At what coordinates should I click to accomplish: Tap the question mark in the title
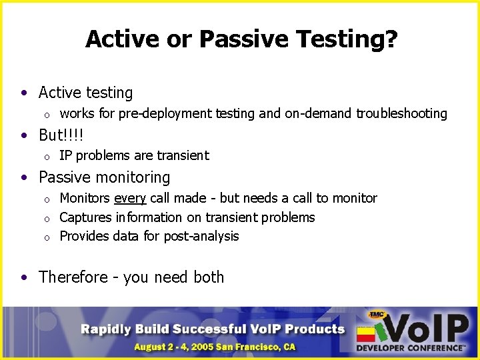click(392, 39)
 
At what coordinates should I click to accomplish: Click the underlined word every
click(131, 199)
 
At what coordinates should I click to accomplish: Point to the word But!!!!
click(61, 135)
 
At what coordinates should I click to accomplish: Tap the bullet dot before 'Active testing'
click(25, 93)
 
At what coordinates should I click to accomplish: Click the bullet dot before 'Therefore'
click(25, 277)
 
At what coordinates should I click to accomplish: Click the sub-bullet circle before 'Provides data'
click(47, 237)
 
